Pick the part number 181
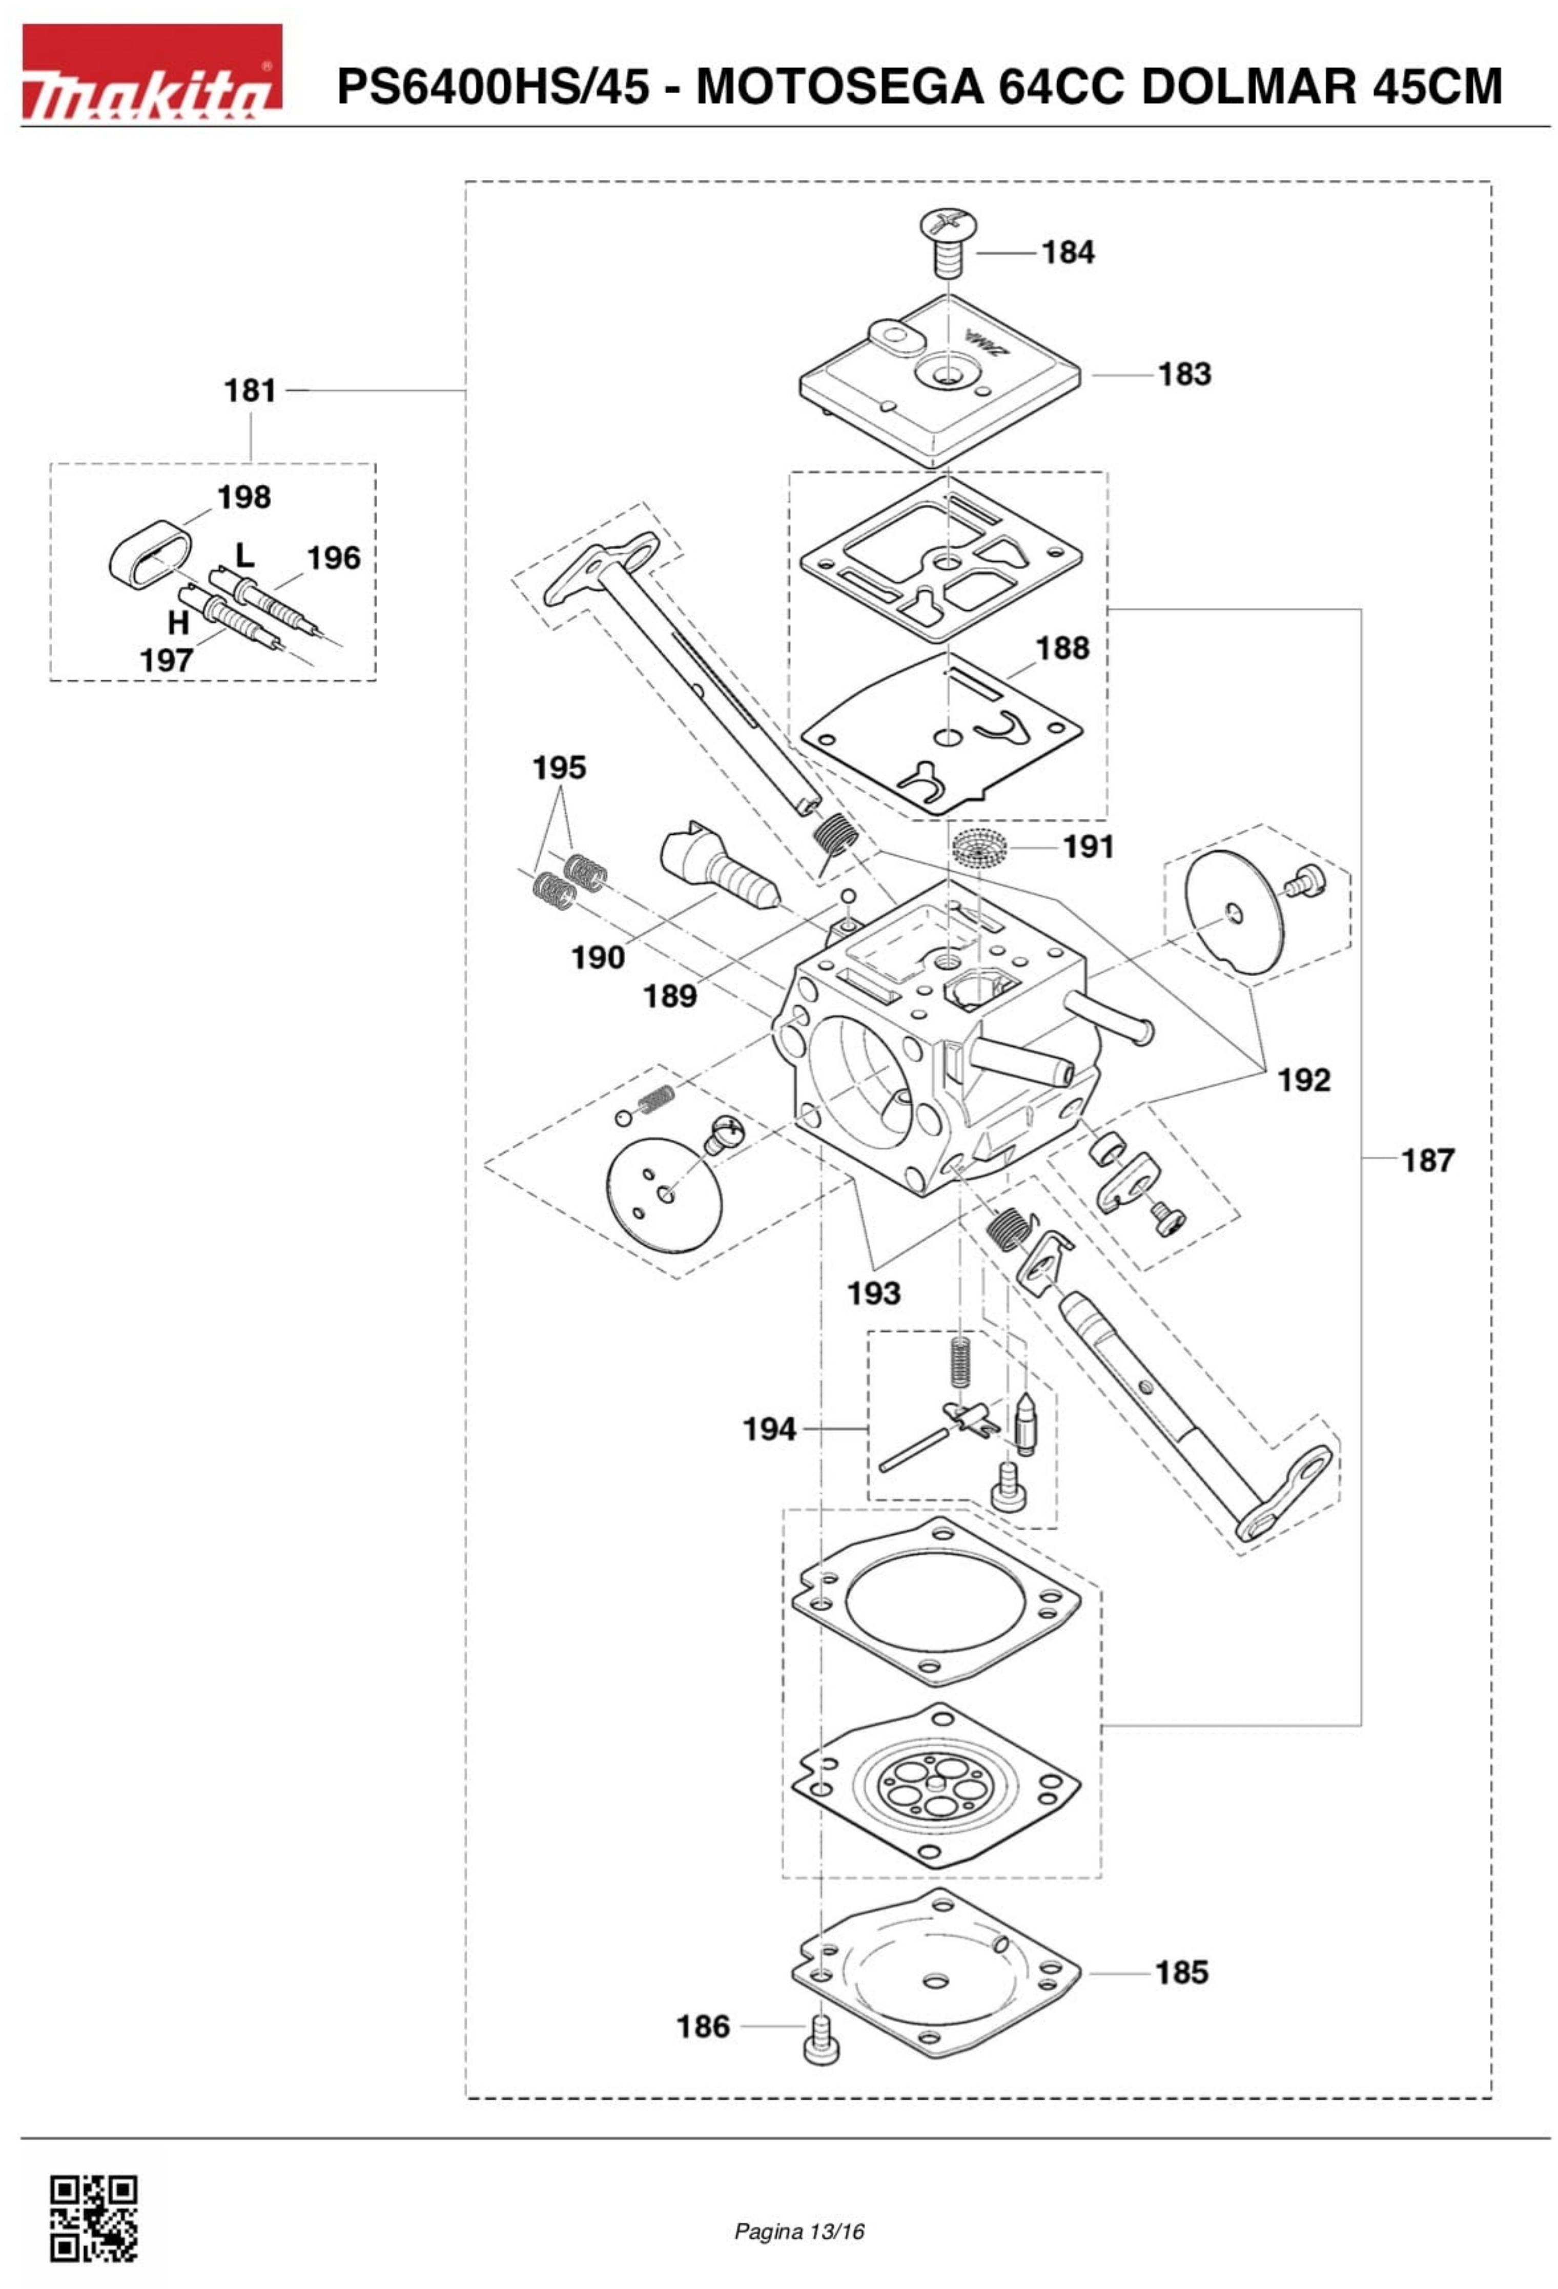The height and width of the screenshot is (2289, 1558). (x=250, y=391)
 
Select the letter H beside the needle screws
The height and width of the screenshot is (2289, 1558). (x=178, y=623)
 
